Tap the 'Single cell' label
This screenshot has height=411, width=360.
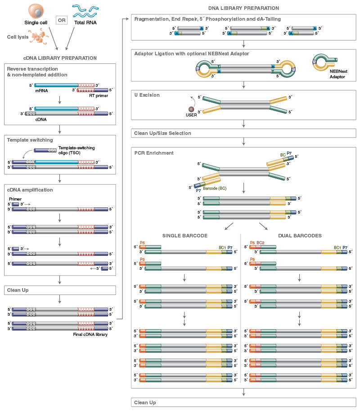(36, 22)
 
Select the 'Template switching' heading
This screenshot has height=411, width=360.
(30, 140)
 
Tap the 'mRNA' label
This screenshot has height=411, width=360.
(41, 90)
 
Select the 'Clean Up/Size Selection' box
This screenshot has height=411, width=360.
(243, 133)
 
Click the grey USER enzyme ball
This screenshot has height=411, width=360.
(191, 109)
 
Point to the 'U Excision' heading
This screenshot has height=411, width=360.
(147, 95)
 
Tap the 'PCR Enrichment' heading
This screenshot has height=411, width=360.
(154, 153)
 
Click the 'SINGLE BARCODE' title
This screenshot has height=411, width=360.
(184, 235)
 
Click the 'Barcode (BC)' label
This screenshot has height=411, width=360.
(216, 188)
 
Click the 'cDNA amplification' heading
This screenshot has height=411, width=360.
(30, 190)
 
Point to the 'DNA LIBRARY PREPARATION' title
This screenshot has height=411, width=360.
(243, 8)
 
